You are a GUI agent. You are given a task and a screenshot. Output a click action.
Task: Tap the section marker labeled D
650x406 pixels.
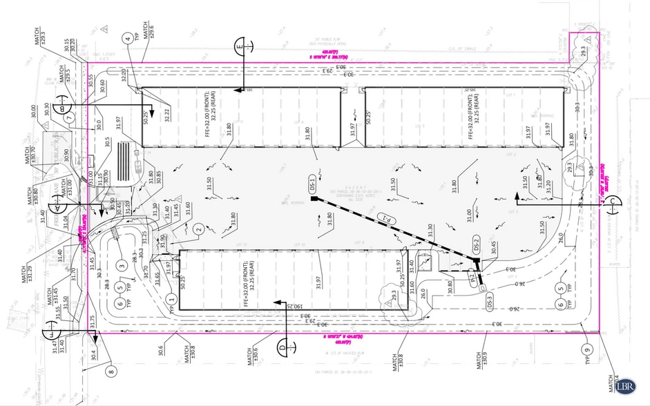coord(282,344)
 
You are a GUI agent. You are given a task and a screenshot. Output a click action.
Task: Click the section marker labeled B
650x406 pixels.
coord(64,107)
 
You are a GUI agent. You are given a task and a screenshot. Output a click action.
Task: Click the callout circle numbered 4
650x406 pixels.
coord(128,39)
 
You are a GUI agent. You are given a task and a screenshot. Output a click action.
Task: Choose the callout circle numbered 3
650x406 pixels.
coord(122,266)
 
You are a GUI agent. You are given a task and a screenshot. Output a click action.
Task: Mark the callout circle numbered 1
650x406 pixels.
coord(171,298)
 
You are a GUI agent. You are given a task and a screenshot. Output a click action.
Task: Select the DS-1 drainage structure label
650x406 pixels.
coord(312,185)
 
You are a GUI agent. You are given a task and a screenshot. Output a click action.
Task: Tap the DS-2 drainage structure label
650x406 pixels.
coord(475,245)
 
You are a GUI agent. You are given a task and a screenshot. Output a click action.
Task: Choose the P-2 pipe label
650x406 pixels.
coord(472,279)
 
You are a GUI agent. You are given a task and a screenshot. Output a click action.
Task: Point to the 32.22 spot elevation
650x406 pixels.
coord(167,115)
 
